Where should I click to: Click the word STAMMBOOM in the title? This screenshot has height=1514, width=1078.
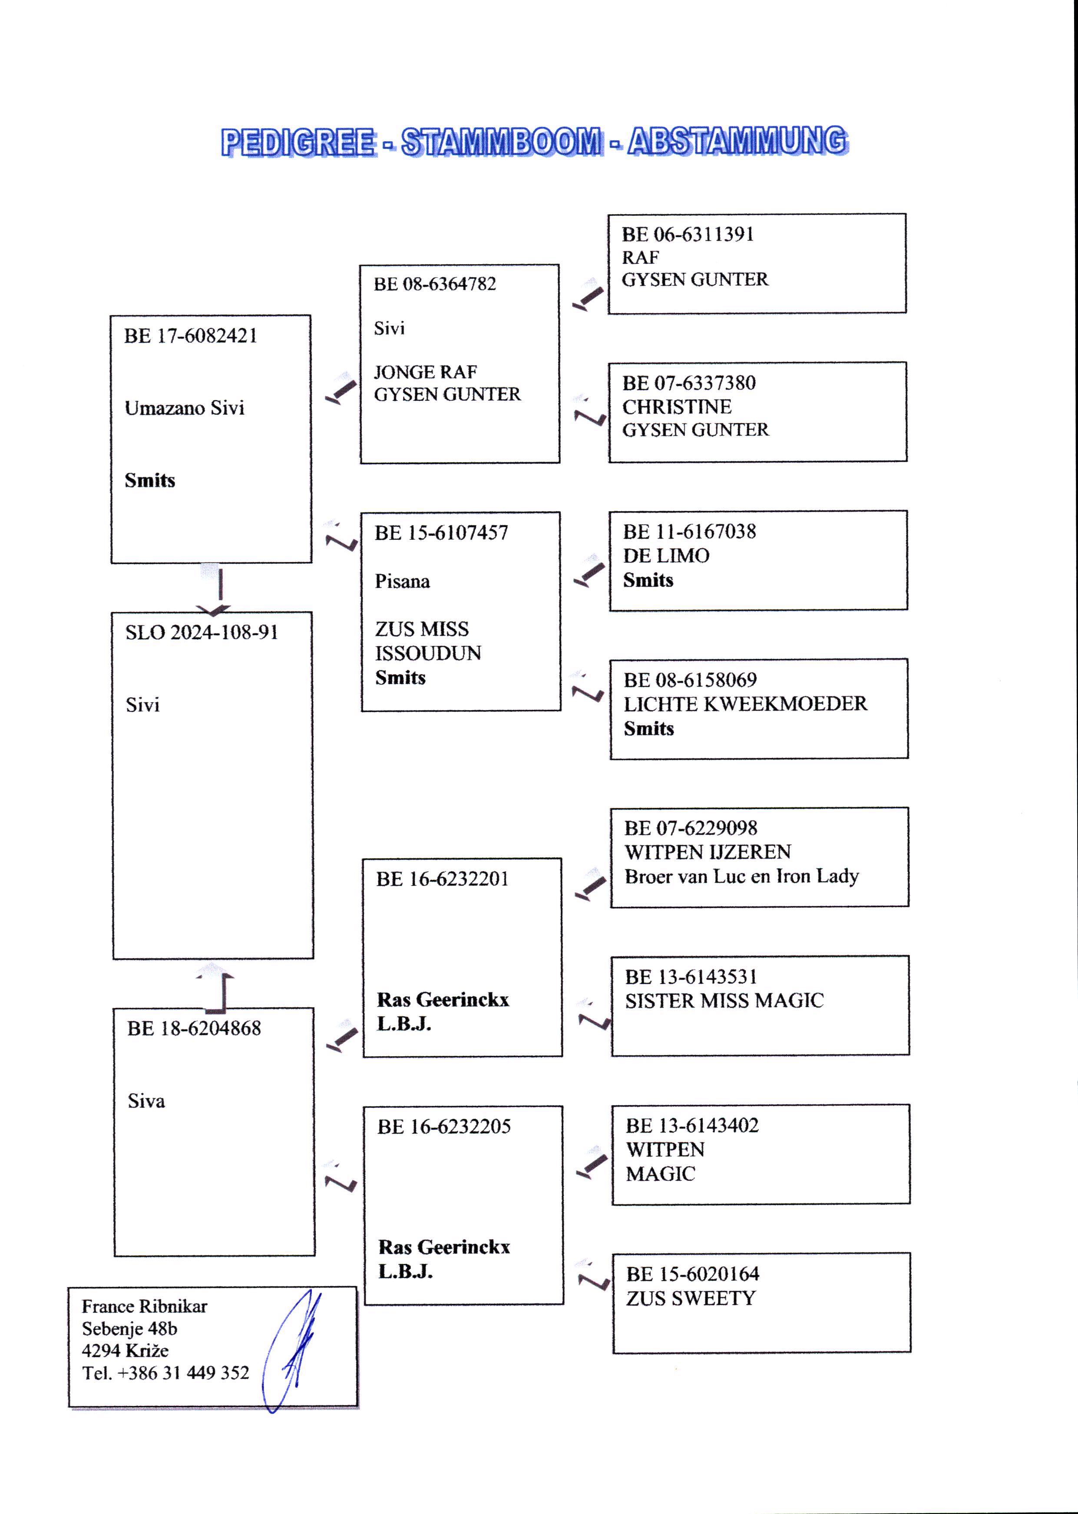click(x=502, y=142)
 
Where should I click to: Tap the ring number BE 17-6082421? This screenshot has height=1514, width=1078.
click(x=191, y=336)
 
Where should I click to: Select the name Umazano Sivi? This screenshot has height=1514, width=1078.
click(x=185, y=407)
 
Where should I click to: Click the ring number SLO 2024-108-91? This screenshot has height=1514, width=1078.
click(x=202, y=632)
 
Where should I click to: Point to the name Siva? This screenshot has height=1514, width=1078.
click(x=146, y=1101)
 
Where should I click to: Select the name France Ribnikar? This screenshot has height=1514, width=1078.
click(x=144, y=1306)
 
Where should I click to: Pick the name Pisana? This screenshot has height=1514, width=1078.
click(x=402, y=582)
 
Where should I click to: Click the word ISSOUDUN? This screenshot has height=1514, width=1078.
click(x=428, y=653)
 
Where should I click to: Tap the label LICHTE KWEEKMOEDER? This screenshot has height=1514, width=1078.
click(x=745, y=704)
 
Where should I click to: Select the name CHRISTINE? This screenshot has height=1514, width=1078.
click(x=676, y=406)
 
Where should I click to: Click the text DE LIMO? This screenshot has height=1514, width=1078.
click(x=666, y=555)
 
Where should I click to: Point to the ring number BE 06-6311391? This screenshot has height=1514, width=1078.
click(x=688, y=234)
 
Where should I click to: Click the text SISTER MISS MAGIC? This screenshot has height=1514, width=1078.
click(x=724, y=1000)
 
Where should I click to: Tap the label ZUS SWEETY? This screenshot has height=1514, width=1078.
click(x=690, y=1298)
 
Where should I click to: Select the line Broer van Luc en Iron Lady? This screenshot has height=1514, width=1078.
click(x=741, y=876)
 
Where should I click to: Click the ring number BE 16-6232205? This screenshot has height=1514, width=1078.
click(x=444, y=1126)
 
